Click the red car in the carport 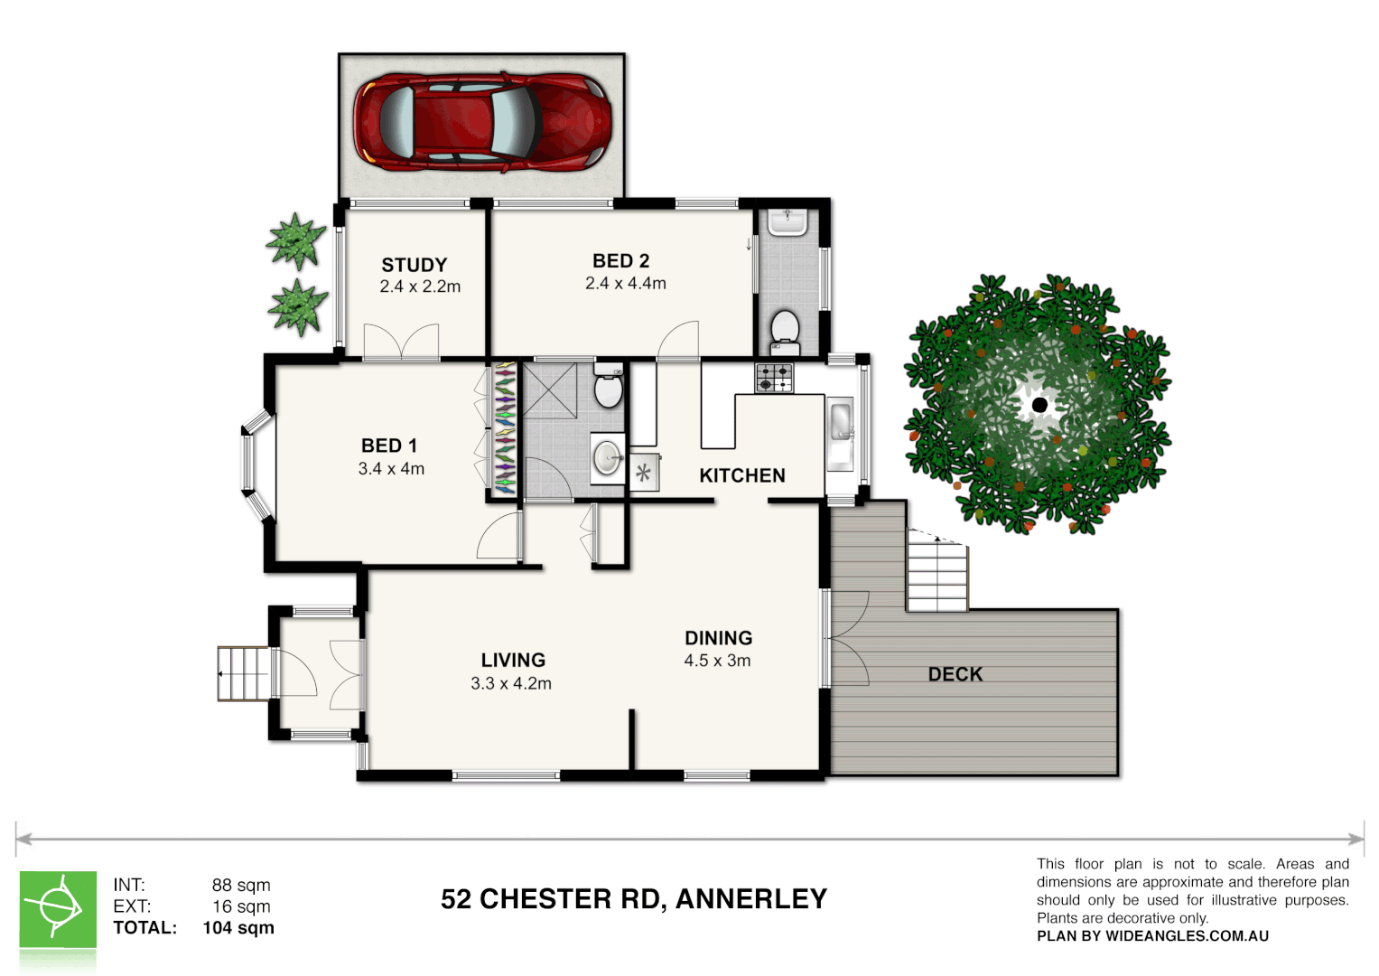coord(482,123)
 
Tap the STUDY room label coord(415,265)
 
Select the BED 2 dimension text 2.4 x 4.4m coord(625,284)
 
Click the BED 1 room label coord(389,446)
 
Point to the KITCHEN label coord(742,475)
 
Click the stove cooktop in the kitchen coord(774,377)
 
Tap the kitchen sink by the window coord(840,422)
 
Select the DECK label coord(955,674)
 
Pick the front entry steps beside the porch coord(243,673)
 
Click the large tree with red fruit coord(1039,404)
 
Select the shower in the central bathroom coord(550,390)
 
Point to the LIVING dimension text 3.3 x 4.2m coord(511,684)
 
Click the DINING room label coord(718,638)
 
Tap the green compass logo coord(58,909)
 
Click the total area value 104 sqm coord(238,928)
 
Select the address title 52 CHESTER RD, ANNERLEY coord(634,899)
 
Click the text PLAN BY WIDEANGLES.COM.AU coord(1152,936)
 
